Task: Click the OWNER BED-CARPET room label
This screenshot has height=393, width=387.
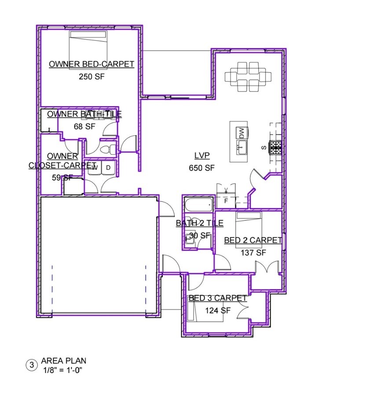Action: coord(91,64)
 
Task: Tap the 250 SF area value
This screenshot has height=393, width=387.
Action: coord(91,76)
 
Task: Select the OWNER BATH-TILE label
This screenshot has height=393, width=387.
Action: coord(84,114)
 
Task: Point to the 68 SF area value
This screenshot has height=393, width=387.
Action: coord(84,126)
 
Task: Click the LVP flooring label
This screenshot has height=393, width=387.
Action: coord(202,156)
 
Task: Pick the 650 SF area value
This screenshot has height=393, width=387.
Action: coord(202,168)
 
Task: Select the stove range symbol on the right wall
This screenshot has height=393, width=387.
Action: coord(276,147)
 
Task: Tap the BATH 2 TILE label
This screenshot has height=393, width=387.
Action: coord(200,224)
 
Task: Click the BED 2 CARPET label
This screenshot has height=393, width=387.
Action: coord(253,240)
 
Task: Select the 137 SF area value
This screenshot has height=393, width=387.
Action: coord(253,253)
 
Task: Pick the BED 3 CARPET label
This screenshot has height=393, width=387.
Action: coord(218,298)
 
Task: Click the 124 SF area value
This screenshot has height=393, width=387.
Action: coord(218,310)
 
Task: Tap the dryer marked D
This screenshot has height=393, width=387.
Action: coord(108,167)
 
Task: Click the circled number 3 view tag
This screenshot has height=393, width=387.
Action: coord(31,365)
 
